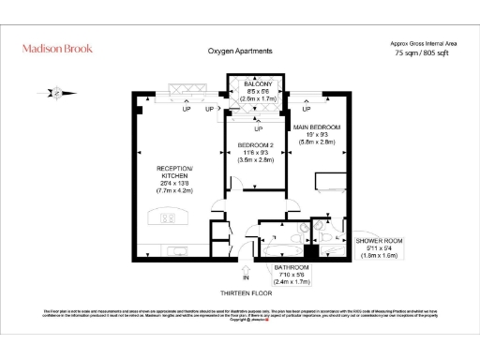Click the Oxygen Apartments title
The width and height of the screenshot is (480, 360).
click(x=240, y=51)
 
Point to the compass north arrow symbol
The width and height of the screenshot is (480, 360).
click(x=59, y=91)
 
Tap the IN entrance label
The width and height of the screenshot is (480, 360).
click(x=246, y=278)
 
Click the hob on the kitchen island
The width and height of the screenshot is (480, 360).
click(x=169, y=218)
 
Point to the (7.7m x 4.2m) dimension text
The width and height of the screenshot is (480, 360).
click(x=173, y=190)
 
